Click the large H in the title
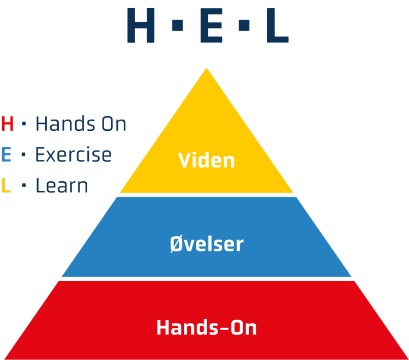pyautogui.click(x=141, y=25)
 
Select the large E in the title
pyautogui.click(x=211, y=25)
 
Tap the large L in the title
pyautogui.click(x=278, y=25)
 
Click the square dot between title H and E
pyautogui.click(x=177, y=25)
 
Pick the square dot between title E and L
pyautogui.click(x=244, y=25)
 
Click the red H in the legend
pyautogui.click(x=7, y=124)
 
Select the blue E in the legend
pyautogui.click(x=6, y=154)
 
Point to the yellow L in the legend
pyautogui.click(x=6, y=185)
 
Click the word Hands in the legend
pyautogui.click(x=65, y=123)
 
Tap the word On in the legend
pyautogui.click(x=114, y=124)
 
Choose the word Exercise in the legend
pyautogui.click(x=74, y=154)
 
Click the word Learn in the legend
pyautogui.click(x=62, y=185)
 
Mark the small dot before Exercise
pyautogui.click(x=23, y=154)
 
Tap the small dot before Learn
pyautogui.click(x=24, y=185)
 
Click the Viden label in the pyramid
pyautogui.click(x=206, y=160)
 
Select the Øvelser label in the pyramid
pyautogui.click(x=207, y=244)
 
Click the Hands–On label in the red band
pyautogui.click(x=207, y=327)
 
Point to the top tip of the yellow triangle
pyautogui.click(x=207, y=68)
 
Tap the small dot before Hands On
pyautogui.click(x=24, y=124)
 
